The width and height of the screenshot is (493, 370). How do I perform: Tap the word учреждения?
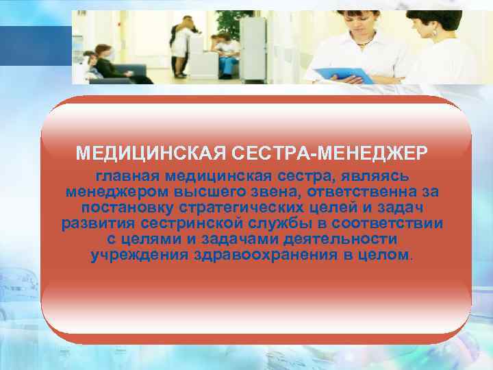point(133,256)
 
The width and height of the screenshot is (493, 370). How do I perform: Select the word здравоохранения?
point(251,256)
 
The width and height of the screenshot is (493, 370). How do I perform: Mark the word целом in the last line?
point(384,256)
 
